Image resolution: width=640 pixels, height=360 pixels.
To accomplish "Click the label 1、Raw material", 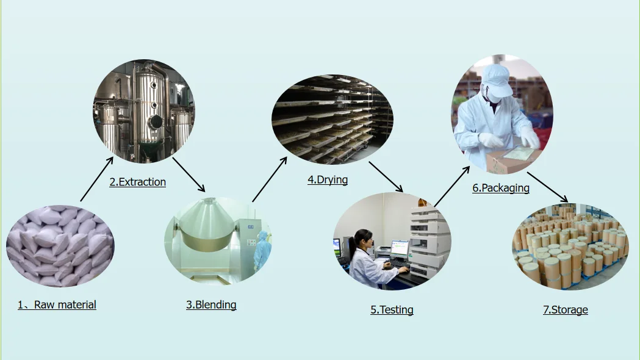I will (x=57, y=304).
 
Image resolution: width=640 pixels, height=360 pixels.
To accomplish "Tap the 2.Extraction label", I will (x=138, y=182).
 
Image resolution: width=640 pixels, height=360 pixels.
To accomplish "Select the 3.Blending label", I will (x=211, y=304).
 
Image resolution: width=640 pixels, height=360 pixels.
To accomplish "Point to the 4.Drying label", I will (x=328, y=179).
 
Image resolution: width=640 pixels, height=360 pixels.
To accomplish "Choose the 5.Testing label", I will (x=392, y=309).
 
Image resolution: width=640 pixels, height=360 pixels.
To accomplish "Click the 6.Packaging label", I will (x=501, y=188).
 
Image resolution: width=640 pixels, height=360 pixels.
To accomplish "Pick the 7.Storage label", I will (x=566, y=309).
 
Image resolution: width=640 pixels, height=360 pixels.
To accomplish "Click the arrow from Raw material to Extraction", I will (x=96, y=179).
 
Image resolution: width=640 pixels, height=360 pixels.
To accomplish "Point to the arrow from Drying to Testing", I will (x=386, y=176).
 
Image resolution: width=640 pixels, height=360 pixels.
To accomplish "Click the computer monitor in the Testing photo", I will (x=400, y=248).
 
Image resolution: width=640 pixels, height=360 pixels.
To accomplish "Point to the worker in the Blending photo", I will (x=262, y=250).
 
